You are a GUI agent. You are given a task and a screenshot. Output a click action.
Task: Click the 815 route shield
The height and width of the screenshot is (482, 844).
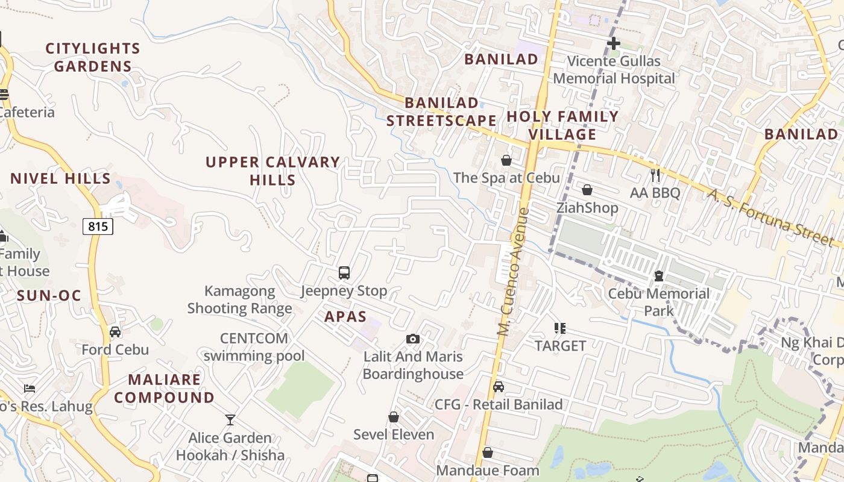click(x=98, y=227)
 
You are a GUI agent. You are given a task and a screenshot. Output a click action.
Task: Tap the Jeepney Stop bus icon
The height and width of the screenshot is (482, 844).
click(x=344, y=273)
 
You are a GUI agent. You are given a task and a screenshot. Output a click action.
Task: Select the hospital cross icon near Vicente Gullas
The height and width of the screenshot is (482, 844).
click(x=614, y=43)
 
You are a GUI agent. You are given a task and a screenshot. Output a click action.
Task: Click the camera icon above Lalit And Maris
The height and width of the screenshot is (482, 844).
click(x=413, y=339)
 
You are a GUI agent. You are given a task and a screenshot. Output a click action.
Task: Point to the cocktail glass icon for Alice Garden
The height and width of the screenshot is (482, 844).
click(x=230, y=420)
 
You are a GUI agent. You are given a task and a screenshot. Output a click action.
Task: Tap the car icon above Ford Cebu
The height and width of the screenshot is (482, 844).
click(x=115, y=332)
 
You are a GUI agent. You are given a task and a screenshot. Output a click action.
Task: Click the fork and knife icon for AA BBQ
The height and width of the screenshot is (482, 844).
click(x=655, y=175)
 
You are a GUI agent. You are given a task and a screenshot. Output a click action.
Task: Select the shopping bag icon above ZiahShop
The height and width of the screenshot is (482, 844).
click(x=587, y=190)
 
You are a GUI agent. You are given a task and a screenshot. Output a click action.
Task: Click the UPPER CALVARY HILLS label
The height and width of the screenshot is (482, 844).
click(x=272, y=171)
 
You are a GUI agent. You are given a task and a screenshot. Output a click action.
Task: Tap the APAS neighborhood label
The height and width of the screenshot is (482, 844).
click(x=345, y=317)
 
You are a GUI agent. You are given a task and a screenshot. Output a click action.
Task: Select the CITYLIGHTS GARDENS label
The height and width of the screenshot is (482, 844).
click(x=93, y=57)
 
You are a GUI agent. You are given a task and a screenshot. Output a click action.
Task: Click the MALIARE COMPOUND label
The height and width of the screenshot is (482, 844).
click(x=164, y=389)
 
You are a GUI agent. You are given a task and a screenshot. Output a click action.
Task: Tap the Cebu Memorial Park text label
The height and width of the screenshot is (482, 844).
click(x=658, y=302)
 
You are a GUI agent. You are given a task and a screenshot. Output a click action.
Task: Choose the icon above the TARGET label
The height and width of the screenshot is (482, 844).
click(x=560, y=328)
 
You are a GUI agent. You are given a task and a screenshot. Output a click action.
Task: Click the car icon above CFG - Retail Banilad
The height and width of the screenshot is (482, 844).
click(x=499, y=387)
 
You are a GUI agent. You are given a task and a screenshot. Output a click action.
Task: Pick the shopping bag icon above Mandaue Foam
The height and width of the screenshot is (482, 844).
click(x=488, y=452)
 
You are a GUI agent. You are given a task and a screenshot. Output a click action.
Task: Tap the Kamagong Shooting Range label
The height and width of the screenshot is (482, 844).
click(x=239, y=300)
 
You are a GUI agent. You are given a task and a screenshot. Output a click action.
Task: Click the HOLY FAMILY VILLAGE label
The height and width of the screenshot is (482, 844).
click(x=562, y=125)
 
